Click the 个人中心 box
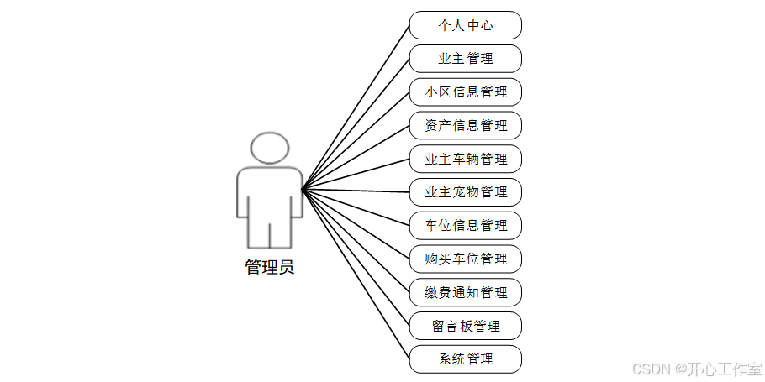click(x=466, y=25)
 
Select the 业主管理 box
click(x=466, y=59)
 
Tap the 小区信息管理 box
click(x=466, y=92)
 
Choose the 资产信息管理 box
click(x=466, y=125)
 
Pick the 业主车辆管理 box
click(x=466, y=159)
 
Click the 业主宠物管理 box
click(x=466, y=192)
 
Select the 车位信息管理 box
click(x=466, y=225)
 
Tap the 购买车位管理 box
click(x=466, y=259)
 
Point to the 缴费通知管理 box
click(x=466, y=292)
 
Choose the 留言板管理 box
click(x=466, y=326)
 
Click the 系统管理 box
click(x=466, y=359)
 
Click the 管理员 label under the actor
click(x=269, y=268)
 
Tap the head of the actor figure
click(x=269, y=148)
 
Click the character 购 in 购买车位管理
click(x=431, y=259)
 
